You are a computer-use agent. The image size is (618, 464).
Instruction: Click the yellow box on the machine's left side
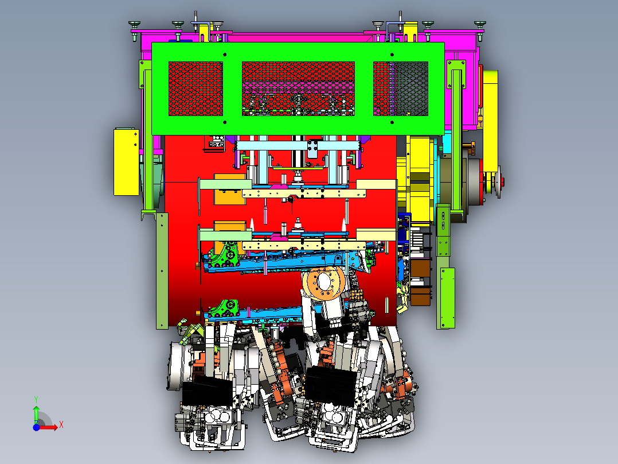(x=126, y=161)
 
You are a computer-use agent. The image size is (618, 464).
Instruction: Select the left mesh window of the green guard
(x=195, y=88)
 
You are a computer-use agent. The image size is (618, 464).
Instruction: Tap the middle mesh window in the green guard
(x=298, y=88)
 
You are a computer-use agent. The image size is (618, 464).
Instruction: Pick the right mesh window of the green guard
(x=401, y=88)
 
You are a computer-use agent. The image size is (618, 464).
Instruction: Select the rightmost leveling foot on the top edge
(x=480, y=24)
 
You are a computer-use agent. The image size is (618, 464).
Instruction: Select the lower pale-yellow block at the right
(x=376, y=234)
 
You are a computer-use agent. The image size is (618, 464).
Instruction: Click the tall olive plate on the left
(x=162, y=270)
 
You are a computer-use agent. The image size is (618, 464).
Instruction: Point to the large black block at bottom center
(x=330, y=386)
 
